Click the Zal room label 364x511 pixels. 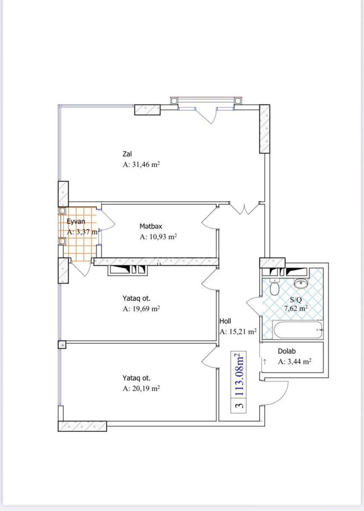click(x=127, y=154)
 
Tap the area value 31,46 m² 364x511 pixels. click(x=141, y=165)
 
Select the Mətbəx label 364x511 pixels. click(x=151, y=226)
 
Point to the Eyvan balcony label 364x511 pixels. click(x=76, y=221)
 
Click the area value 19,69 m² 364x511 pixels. click(x=141, y=309)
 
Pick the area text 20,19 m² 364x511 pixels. click(x=141, y=389)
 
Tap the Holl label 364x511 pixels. click(x=225, y=321)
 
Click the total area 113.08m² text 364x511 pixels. click(x=239, y=375)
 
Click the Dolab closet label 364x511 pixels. click(x=286, y=351)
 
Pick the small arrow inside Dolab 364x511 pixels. click(x=265, y=362)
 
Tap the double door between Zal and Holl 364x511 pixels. click(x=244, y=209)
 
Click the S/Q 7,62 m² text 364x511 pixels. click(x=296, y=304)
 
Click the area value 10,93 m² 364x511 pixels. click(x=158, y=237)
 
